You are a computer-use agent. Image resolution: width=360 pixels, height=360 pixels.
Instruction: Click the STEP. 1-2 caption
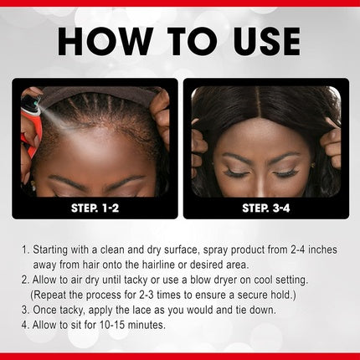click(x=95, y=208)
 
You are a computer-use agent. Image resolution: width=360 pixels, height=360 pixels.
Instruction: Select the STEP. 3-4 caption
click(x=266, y=208)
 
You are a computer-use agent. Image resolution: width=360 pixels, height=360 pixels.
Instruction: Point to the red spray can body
click(x=31, y=127)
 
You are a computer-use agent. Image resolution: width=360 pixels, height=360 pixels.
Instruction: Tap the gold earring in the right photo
click(x=313, y=166)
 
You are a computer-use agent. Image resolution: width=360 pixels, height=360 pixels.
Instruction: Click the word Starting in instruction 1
click(x=50, y=250)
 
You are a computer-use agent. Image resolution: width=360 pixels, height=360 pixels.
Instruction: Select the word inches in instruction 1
click(x=322, y=249)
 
